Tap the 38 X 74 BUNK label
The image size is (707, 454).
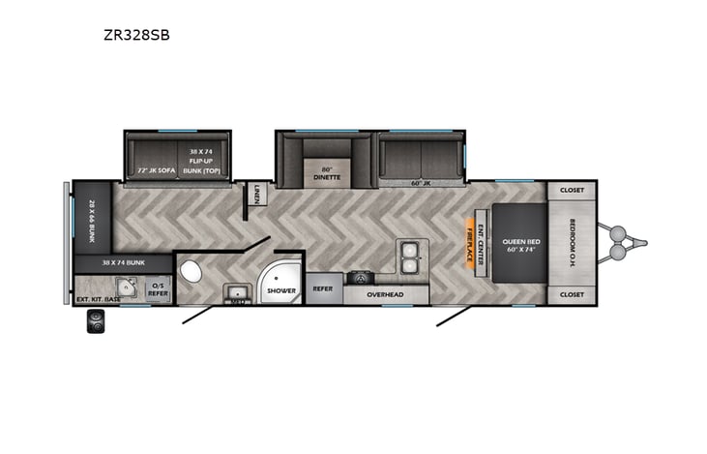[x=123, y=262]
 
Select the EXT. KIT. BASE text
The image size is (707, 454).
[x=99, y=298]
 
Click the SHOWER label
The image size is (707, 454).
[x=281, y=289]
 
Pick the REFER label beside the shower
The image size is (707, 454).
[x=323, y=288]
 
